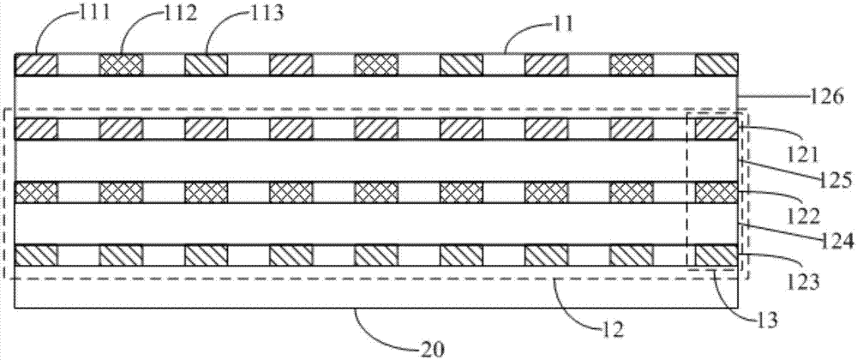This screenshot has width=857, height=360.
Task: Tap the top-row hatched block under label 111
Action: (36, 64)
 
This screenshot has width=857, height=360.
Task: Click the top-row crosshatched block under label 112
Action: (121, 64)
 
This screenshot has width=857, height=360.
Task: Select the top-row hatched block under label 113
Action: (206, 64)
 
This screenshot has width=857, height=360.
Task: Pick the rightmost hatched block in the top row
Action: (716, 64)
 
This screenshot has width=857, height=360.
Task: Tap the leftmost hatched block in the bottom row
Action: (36, 255)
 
